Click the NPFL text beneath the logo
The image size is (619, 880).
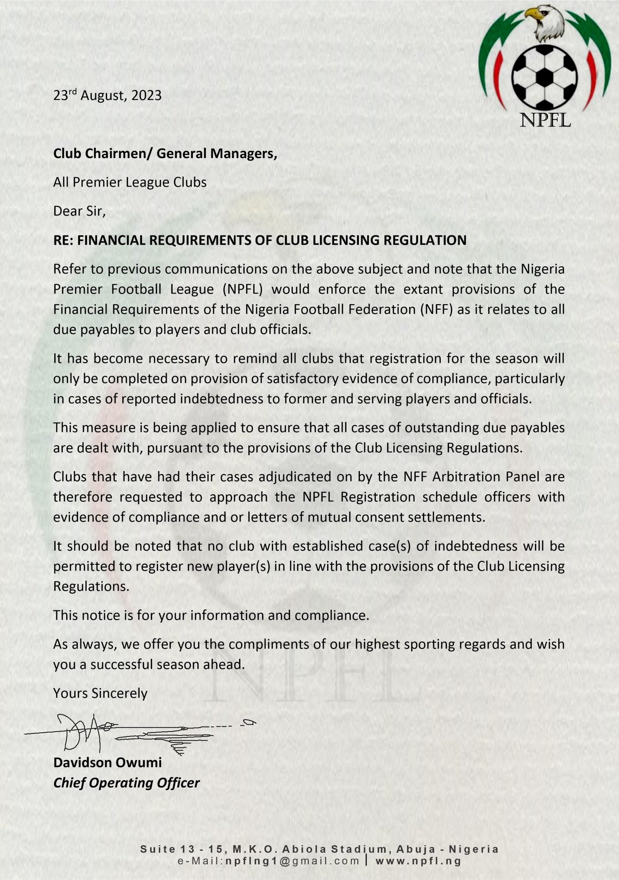[545, 120]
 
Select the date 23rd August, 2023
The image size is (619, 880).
[107, 96]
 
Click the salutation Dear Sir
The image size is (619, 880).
[79, 211]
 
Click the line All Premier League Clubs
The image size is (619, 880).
[130, 182]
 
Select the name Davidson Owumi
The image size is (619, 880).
[107, 762]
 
